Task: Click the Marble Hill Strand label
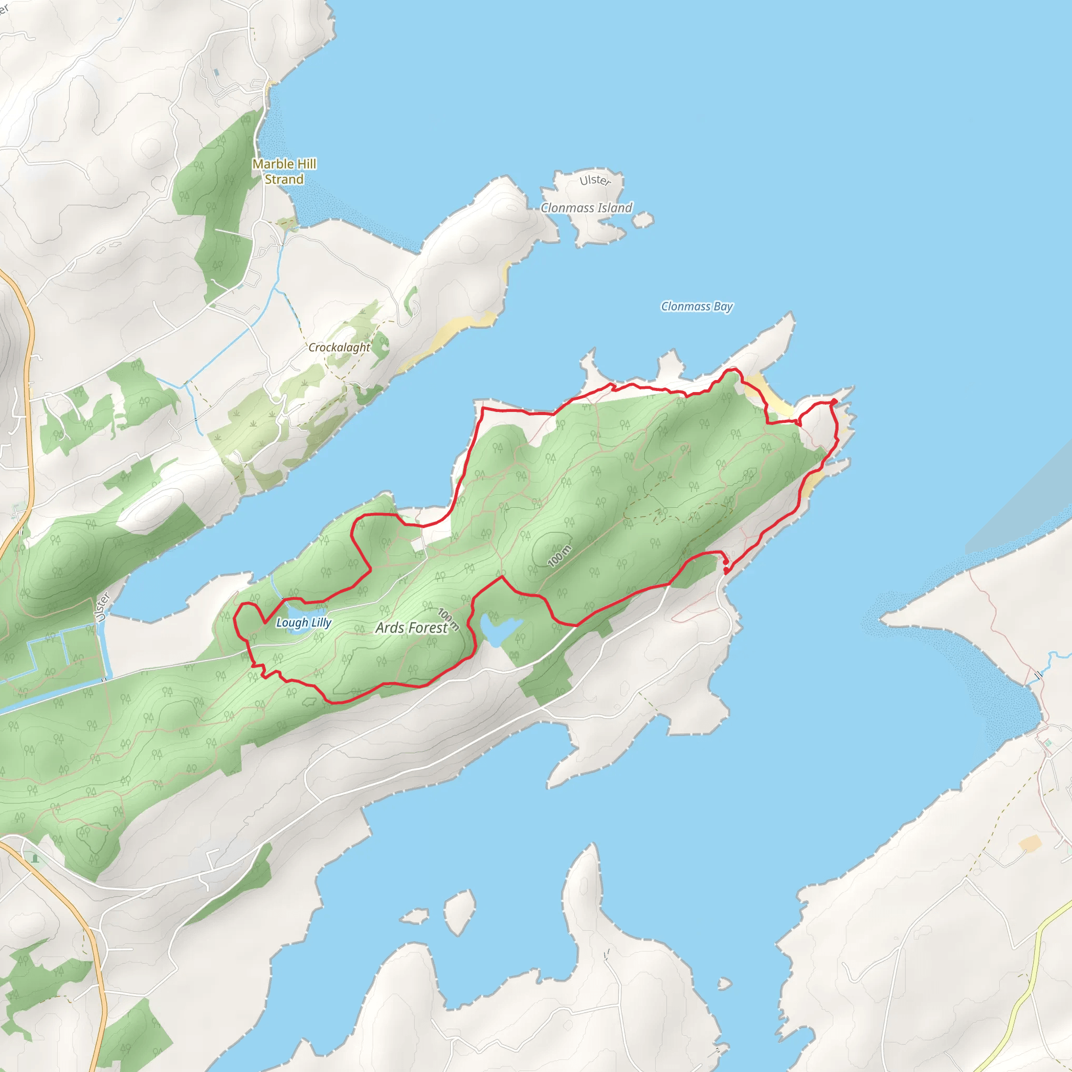click(284, 172)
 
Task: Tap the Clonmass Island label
click(586, 207)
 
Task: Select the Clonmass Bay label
click(696, 306)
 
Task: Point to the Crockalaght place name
click(339, 348)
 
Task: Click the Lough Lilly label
click(304, 622)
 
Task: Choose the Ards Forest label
click(411, 628)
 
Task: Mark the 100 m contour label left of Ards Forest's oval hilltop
click(560, 556)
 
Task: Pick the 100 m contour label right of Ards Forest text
click(449, 619)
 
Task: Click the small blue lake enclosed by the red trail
click(498, 630)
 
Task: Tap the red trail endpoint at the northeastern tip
click(834, 401)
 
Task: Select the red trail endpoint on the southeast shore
click(727, 571)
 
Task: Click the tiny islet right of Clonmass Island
click(643, 220)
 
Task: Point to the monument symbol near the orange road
click(35, 859)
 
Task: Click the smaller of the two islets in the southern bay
click(415, 916)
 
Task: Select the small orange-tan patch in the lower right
click(1029, 843)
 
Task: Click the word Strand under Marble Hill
click(284, 179)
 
